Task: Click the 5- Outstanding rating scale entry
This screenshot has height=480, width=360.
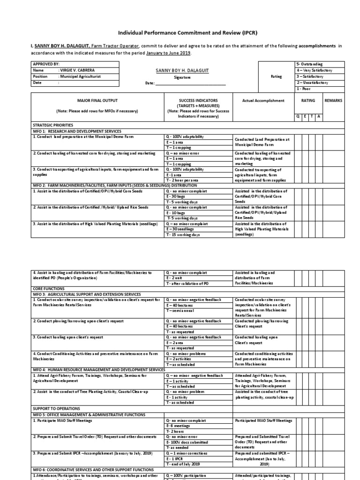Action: tap(310, 64)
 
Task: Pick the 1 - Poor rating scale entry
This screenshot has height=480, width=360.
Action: tap(303, 89)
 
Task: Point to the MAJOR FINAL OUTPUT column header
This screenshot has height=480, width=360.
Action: tap(97, 100)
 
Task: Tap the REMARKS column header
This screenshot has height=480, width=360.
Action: tap(333, 100)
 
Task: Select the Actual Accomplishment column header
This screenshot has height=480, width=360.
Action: tap(263, 100)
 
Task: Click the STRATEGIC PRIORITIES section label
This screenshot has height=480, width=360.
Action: tap(52, 126)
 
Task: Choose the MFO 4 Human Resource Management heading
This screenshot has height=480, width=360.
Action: tap(99, 370)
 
